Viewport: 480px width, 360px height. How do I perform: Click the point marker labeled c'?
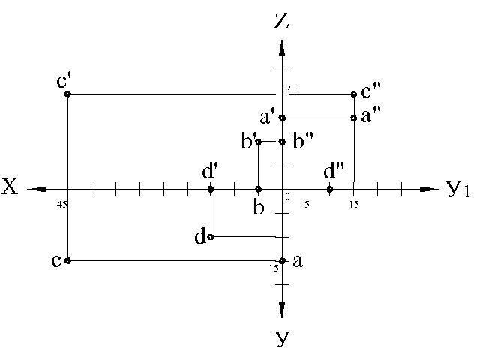(x=67, y=94)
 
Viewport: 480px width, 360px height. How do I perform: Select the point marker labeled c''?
(x=354, y=94)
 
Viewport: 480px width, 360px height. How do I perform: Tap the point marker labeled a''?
(x=354, y=118)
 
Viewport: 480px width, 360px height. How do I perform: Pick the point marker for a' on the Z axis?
(x=282, y=118)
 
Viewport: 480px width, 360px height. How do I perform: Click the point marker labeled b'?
(x=258, y=142)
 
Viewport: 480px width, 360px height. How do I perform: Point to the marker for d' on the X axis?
(x=211, y=189)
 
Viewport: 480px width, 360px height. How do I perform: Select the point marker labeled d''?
(x=330, y=189)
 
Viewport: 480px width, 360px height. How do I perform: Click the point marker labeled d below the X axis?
(x=211, y=237)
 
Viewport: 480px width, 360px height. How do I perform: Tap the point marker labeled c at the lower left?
(x=67, y=260)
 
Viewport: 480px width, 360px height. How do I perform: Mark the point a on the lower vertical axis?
(x=282, y=260)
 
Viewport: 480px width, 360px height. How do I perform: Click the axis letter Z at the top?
(x=281, y=21)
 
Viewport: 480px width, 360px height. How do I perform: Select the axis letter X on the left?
(x=10, y=188)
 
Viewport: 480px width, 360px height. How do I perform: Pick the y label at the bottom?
(x=282, y=338)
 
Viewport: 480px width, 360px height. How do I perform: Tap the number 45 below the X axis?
(x=61, y=204)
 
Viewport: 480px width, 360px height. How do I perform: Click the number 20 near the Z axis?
(x=291, y=89)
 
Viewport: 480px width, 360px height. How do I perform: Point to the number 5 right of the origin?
(x=306, y=204)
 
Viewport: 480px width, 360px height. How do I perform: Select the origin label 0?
(x=286, y=196)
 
